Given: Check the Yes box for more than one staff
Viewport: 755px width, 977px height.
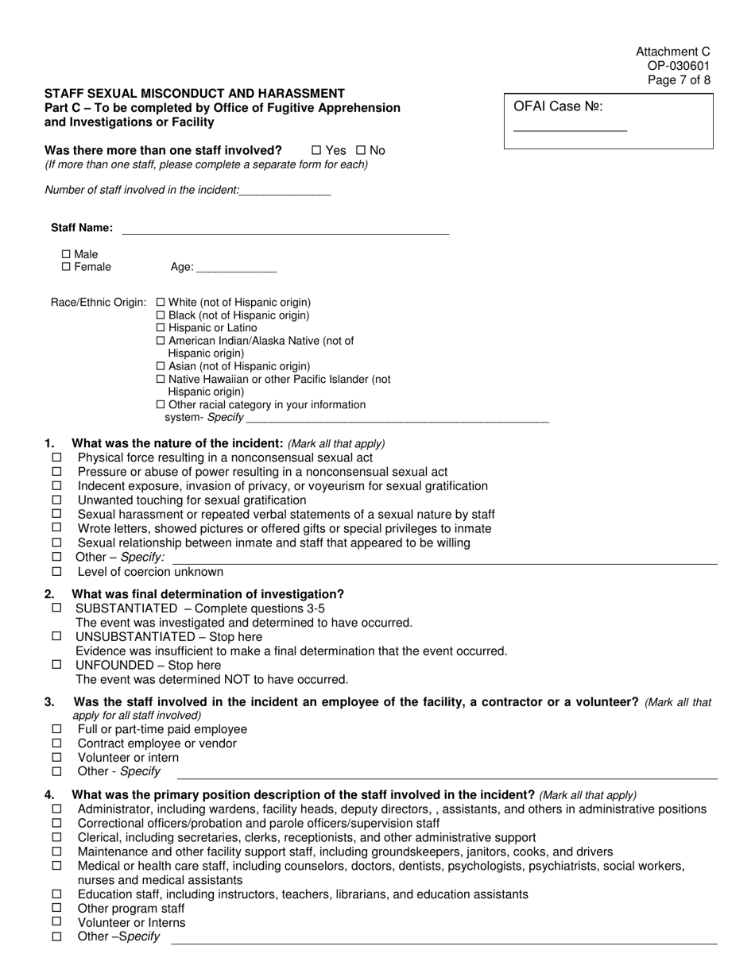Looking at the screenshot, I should tap(316, 150).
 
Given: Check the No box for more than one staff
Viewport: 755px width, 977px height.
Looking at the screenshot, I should tap(360, 150).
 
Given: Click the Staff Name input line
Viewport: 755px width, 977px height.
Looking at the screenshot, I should tap(285, 229).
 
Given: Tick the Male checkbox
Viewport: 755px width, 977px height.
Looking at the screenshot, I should tap(66, 254).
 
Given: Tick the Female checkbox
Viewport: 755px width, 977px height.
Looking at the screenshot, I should tap(66, 267).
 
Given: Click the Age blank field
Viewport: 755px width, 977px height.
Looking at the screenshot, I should tap(236, 268).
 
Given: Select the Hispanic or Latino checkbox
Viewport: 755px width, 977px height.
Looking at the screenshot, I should tap(161, 327).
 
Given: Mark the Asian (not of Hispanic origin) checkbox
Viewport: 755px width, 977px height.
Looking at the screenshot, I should tap(161, 366).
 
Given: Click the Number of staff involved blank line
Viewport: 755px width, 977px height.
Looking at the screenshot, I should tap(285, 191).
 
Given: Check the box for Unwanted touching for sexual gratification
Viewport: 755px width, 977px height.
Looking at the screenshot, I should tap(56, 500).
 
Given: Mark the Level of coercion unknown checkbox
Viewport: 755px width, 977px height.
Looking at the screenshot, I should tap(56, 572).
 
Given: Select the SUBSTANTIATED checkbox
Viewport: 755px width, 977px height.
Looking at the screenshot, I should tap(56, 608).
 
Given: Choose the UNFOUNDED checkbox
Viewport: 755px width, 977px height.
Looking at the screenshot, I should tap(56, 665).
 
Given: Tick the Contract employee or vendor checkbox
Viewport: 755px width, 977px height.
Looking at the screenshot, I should tap(56, 743).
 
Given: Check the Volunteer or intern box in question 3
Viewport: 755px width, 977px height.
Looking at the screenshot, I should tap(56, 758).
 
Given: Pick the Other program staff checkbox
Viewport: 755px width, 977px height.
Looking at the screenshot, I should tap(56, 908).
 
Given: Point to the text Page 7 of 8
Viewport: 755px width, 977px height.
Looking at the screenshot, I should tap(679, 80).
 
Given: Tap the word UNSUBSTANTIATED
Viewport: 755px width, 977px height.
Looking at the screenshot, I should tap(134, 637).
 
